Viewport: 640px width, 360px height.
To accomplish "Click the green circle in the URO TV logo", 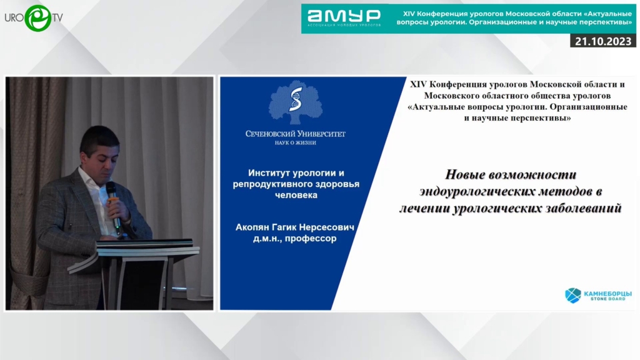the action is click(38, 18).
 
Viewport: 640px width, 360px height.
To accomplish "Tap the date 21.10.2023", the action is click(603, 41).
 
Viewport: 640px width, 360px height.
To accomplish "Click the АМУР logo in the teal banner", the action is click(344, 18).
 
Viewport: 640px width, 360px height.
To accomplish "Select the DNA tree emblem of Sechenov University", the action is click(296, 102).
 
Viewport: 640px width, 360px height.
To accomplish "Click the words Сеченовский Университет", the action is click(296, 134).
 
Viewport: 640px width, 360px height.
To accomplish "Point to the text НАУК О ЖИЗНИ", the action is click(296, 143).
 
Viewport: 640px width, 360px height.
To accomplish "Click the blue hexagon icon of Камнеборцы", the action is click(573, 295).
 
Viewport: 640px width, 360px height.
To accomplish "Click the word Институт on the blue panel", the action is click(269, 173).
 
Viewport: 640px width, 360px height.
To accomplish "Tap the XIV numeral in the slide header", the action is click(418, 84).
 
